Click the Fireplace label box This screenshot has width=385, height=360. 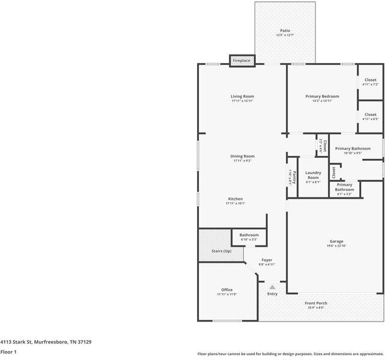(x=242, y=61)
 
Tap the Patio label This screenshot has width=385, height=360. (x=285, y=31)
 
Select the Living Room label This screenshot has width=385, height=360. (x=243, y=97)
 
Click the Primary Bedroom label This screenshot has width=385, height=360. (x=322, y=97)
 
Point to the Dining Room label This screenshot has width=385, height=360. (x=243, y=157)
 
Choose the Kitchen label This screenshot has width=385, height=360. (x=235, y=199)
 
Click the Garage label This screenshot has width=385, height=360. (x=336, y=242)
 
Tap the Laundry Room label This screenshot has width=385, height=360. (x=313, y=175)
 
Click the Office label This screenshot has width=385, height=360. (x=226, y=290)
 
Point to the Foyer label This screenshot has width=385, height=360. (x=267, y=260)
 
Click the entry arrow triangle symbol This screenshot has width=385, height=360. (x=272, y=287)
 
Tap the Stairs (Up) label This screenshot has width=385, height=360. (x=221, y=251)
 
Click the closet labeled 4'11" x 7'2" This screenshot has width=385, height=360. (x=371, y=82)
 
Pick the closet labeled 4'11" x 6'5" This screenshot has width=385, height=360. (x=371, y=116)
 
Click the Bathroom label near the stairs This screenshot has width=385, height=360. (x=249, y=235)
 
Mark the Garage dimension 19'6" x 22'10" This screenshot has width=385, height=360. (x=336, y=246)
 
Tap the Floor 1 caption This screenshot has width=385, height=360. (x=8, y=352)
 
